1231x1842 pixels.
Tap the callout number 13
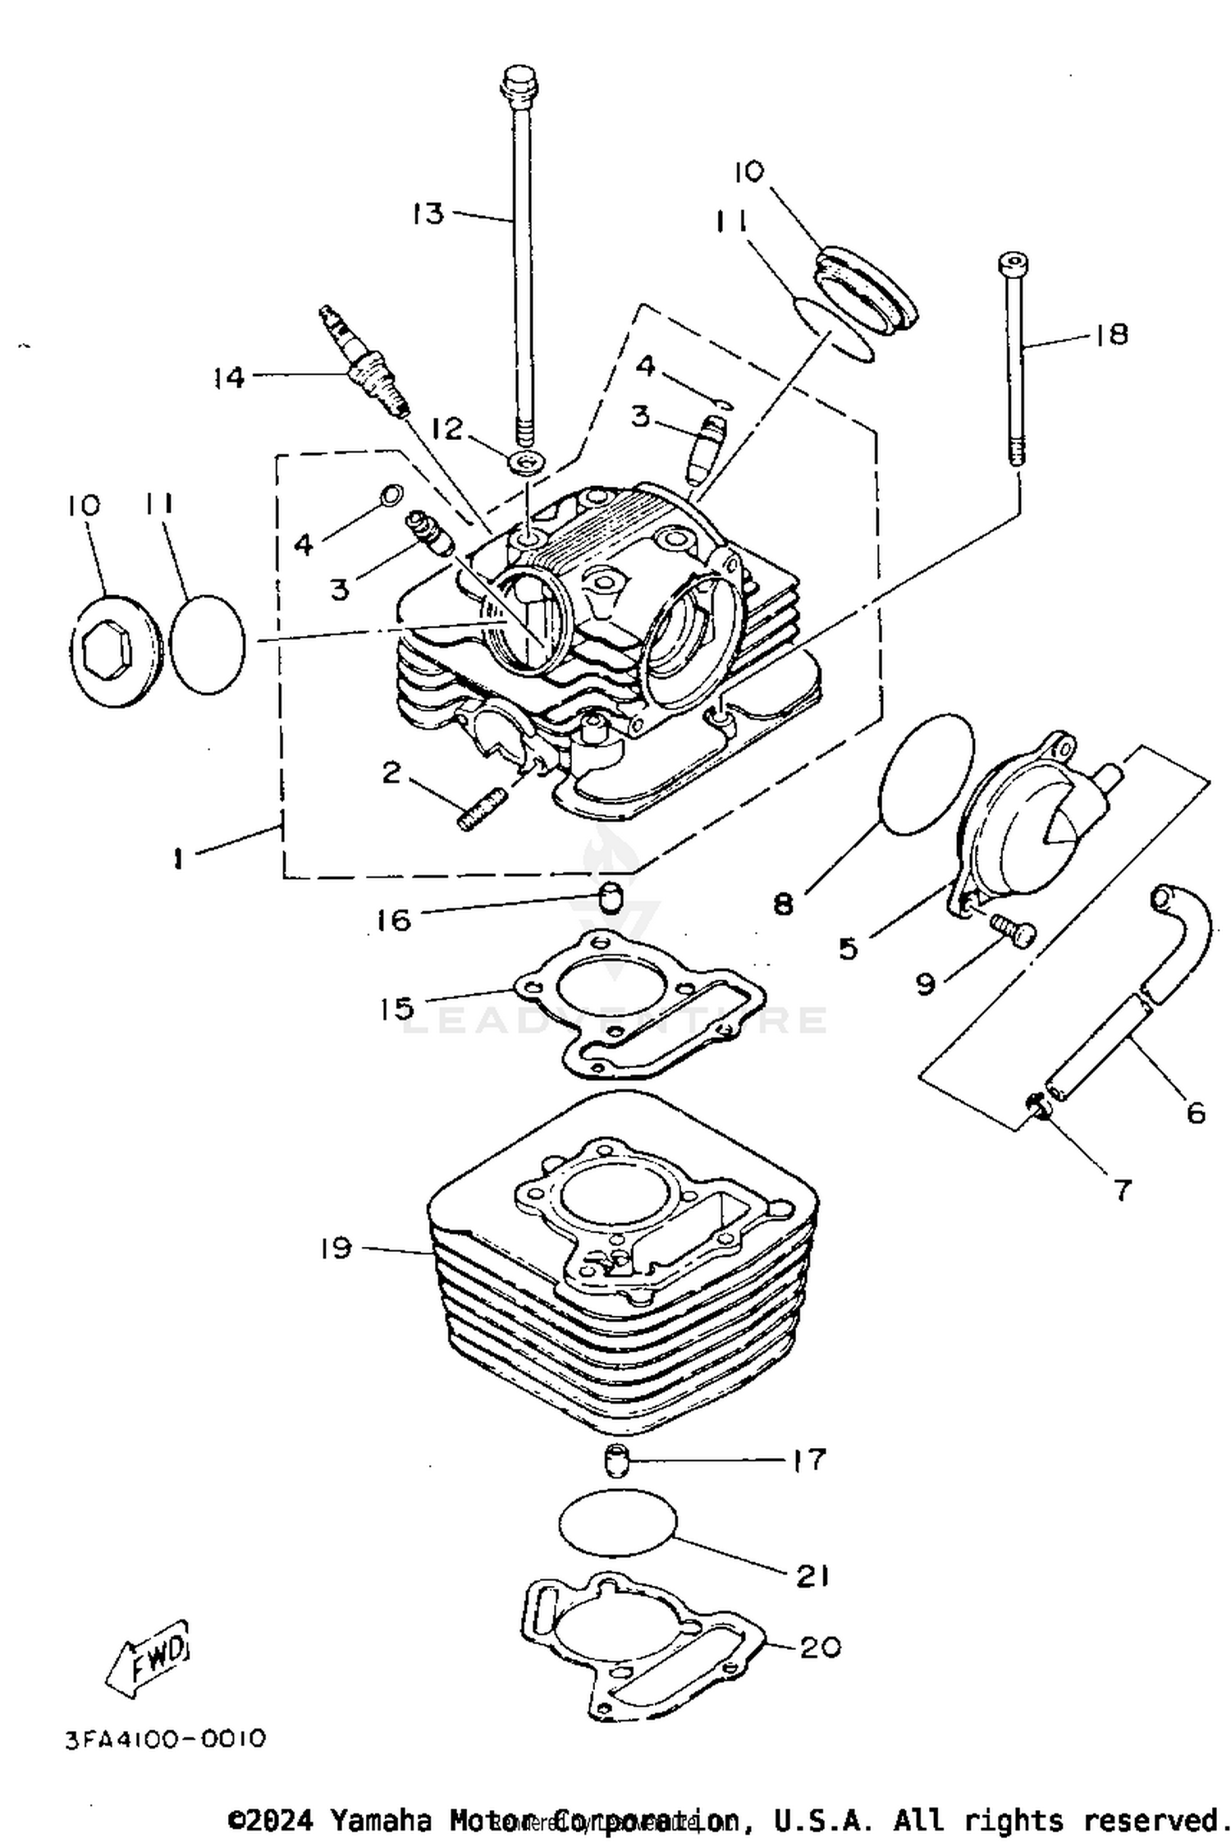coord(428,213)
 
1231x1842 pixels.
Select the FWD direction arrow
coord(150,1656)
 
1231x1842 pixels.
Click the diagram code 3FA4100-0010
coord(166,1739)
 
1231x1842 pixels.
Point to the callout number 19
coord(336,1249)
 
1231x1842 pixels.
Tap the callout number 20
coord(819,1647)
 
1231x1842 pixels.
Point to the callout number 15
coord(396,1008)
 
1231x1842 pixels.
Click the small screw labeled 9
coord(1014,932)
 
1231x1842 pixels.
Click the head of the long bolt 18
coord(1014,264)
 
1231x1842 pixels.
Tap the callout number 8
coord(784,905)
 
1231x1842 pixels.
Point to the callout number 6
coord(1196,1112)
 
